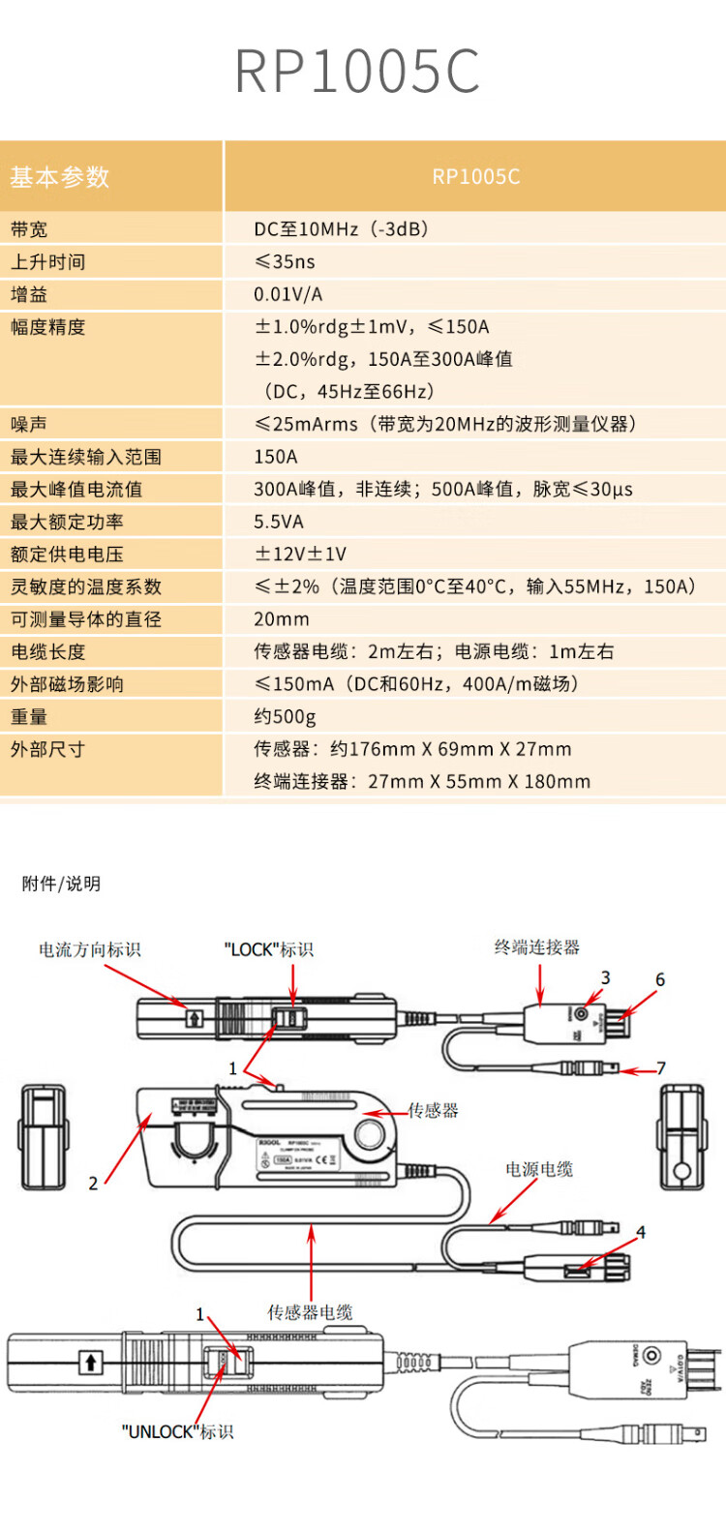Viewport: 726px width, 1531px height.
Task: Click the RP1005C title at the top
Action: click(x=357, y=71)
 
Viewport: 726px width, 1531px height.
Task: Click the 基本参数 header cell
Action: click(x=60, y=177)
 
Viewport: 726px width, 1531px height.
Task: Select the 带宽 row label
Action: click(x=29, y=229)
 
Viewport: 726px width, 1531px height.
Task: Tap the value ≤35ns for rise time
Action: click(x=285, y=262)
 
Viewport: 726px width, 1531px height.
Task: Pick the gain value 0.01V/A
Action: click(x=287, y=294)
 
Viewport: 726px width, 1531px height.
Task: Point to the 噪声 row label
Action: click(x=29, y=424)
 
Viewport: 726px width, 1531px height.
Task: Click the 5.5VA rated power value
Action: click(x=279, y=522)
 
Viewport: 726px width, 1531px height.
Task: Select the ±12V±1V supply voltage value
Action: click(x=300, y=555)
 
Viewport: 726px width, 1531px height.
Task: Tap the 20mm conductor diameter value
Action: click(x=282, y=619)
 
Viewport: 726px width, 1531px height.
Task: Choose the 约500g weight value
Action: click(x=285, y=717)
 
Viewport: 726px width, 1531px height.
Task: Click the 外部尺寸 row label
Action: click(x=47, y=749)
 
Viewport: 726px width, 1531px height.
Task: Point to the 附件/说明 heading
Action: click(x=61, y=884)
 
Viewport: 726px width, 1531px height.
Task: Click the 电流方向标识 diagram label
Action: click(x=90, y=949)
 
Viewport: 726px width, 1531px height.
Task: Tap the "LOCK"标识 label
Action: click(x=269, y=949)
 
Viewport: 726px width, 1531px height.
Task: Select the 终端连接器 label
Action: click(x=537, y=947)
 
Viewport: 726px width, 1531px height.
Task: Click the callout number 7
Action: click(x=661, y=1068)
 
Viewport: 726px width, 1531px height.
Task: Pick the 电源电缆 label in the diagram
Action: click(x=539, y=1169)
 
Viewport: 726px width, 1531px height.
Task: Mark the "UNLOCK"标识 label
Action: click(x=178, y=1431)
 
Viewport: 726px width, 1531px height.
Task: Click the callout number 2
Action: click(x=93, y=1183)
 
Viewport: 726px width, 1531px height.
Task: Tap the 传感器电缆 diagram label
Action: click(x=311, y=1312)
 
